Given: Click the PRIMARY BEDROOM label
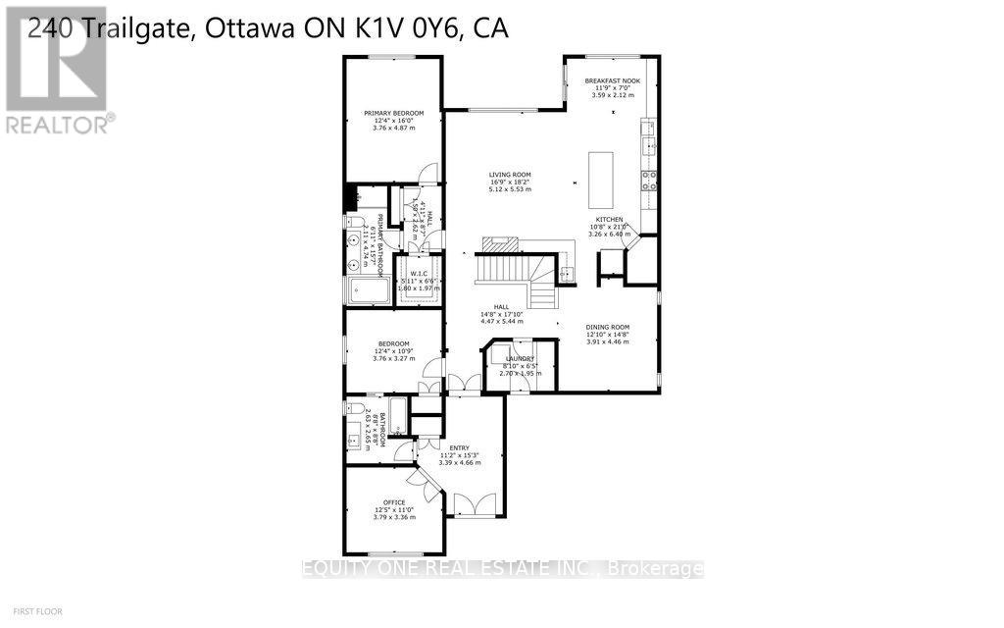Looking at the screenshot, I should [x=393, y=114].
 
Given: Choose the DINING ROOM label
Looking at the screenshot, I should [x=608, y=327].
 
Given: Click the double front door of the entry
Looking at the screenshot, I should [x=475, y=506].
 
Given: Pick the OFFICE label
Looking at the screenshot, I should [x=393, y=502].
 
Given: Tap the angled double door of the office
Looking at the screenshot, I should [x=428, y=481].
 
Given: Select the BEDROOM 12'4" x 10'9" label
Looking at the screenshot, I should [x=393, y=344].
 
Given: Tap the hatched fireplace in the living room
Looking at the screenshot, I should [x=500, y=243].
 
